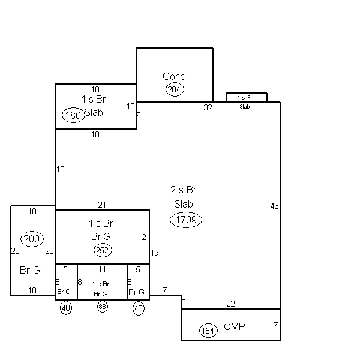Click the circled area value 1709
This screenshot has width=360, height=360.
point(186,220)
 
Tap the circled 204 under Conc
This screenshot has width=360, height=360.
point(175,89)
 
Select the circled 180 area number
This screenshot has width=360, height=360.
point(73,115)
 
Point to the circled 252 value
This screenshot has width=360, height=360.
point(103,250)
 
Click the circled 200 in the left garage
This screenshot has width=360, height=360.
point(32,239)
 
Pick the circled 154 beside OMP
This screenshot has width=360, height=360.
point(208,331)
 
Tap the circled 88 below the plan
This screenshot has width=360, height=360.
point(103,307)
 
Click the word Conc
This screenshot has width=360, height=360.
point(173,76)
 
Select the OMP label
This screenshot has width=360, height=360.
point(235,326)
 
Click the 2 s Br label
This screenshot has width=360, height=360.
point(184,190)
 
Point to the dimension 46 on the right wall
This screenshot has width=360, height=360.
point(274,206)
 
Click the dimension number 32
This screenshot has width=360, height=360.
point(208,107)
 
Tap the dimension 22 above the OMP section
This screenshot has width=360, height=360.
point(231,304)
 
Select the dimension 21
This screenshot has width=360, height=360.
point(102,205)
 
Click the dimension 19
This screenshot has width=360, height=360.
point(155,253)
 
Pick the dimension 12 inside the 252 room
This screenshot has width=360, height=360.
point(142,237)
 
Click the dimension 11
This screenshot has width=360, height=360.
point(102,269)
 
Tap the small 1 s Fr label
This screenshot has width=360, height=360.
point(245,98)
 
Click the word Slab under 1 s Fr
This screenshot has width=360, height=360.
point(245,107)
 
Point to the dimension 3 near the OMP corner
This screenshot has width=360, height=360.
point(184,302)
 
